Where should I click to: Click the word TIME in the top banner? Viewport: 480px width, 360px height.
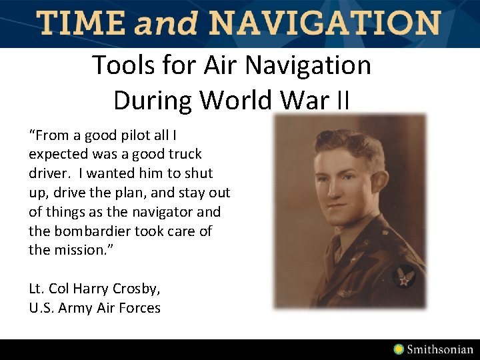point(81,23)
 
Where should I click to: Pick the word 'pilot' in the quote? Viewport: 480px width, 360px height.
point(136,135)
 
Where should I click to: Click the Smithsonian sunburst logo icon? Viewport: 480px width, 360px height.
point(399,349)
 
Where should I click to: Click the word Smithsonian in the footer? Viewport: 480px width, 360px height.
point(440,349)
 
